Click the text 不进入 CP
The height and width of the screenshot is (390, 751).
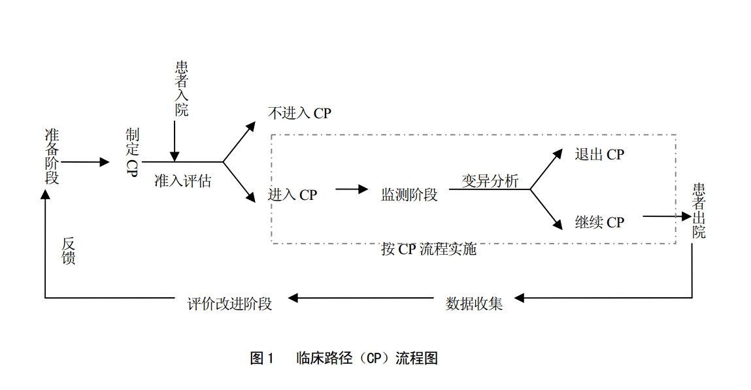click(x=299, y=113)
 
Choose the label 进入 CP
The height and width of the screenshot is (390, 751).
click(x=292, y=195)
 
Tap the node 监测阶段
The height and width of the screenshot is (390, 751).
click(x=410, y=194)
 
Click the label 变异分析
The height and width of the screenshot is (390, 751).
click(x=490, y=181)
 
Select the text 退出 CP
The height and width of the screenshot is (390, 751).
click(x=599, y=154)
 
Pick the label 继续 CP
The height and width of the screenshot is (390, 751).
click(x=599, y=222)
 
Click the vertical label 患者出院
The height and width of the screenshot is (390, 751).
click(x=699, y=210)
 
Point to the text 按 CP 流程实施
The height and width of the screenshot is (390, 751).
click(x=429, y=250)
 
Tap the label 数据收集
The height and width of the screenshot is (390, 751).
click(x=475, y=303)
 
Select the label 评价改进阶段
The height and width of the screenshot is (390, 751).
click(x=229, y=303)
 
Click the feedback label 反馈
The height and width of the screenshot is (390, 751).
click(x=69, y=251)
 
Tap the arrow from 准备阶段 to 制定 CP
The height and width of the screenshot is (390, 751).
click(x=86, y=161)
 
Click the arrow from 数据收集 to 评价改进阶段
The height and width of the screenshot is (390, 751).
click(x=363, y=299)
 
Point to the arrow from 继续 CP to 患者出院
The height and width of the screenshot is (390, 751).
click(x=667, y=216)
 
